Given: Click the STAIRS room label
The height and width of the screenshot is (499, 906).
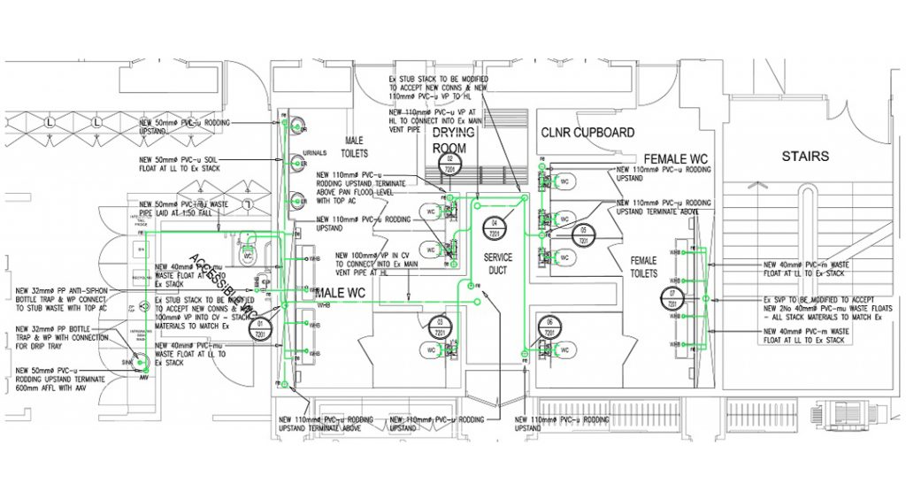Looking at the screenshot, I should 805,157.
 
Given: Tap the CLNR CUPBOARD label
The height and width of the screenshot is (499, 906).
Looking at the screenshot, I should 587,133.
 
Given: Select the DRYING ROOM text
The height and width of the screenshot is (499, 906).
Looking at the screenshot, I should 454,141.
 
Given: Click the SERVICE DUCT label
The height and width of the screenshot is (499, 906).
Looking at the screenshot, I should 497,264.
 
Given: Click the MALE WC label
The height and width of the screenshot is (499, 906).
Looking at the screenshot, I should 342,293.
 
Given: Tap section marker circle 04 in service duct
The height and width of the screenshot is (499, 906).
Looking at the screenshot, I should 495,226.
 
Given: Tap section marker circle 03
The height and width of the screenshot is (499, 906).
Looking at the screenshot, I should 440,326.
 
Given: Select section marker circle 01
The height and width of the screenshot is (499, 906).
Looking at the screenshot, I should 261,328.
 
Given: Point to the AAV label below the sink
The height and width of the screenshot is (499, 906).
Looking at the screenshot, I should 142,378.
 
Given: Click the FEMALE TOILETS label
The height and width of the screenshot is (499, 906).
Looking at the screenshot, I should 643,267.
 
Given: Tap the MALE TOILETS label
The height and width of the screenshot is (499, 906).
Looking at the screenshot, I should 354,146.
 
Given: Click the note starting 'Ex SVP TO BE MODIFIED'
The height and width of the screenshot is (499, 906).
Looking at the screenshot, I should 824,306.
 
